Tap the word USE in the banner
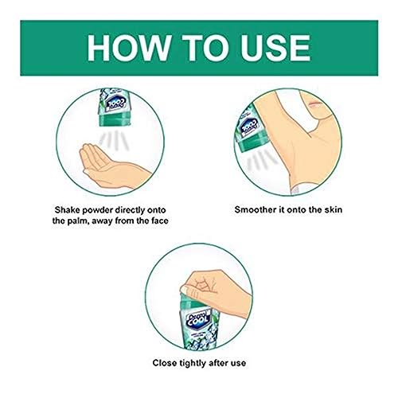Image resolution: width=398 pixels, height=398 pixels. point(275,48)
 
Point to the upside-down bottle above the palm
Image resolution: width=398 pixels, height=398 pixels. point(115,107)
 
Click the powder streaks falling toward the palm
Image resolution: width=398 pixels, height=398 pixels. point(114,141)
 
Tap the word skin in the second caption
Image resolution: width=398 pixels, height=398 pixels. point(334,209)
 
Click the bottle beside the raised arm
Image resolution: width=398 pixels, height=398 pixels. point(251,128)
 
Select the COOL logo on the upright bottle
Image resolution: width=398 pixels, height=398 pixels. point(197,320)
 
